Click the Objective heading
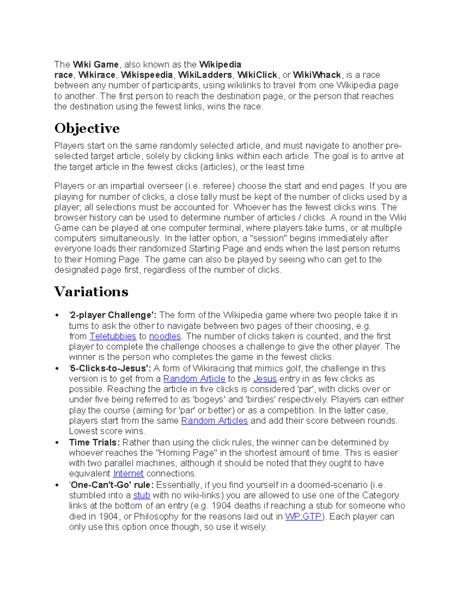coord(87,128)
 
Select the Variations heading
coord(91,292)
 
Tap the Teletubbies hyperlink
coord(113,336)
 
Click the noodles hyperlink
coord(165,336)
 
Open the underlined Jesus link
coord(265,379)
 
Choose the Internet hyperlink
coord(128,474)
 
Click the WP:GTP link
coord(303,516)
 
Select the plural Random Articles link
coord(214,421)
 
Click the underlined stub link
coord(142,495)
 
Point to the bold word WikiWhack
coord(317,75)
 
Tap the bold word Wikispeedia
coord(147,75)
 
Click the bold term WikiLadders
coord(205,75)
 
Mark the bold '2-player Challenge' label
coord(112,315)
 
